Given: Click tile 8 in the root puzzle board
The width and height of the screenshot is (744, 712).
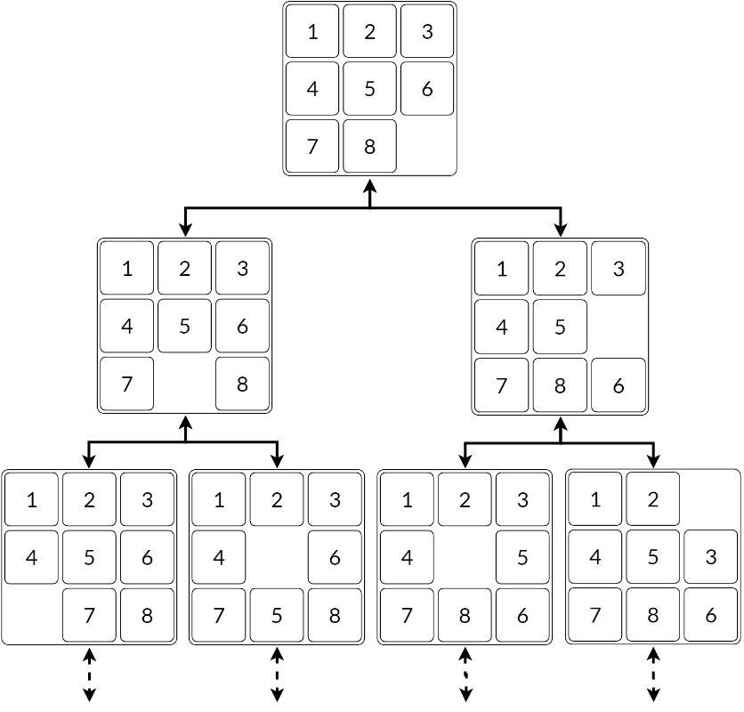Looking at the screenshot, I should click(x=369, y=145).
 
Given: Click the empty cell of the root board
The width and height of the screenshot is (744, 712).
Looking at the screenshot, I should click(x=426, y=145).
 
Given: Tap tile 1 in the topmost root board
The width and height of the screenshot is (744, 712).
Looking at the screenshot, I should click(x=312, y=33).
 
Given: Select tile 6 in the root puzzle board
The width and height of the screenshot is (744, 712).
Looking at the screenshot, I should click(x=426, y=89).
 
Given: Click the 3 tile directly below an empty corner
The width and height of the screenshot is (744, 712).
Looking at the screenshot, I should click(x=711, y=558).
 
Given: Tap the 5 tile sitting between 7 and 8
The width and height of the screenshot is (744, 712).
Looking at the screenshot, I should click(x=277, y=614).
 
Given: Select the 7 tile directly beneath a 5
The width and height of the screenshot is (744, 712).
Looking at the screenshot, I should click(x=88, y=614).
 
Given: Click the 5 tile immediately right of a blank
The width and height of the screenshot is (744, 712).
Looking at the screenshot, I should click(x=522, y=558).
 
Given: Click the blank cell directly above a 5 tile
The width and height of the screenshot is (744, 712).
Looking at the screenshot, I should click(x=277, y=558).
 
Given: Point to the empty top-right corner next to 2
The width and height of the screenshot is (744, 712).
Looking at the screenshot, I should click(x=711, y=500).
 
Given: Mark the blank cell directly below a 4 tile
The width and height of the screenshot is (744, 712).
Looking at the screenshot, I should click(x=32, y=614).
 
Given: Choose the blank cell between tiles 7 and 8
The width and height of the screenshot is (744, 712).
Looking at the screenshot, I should click(x=184, y=384).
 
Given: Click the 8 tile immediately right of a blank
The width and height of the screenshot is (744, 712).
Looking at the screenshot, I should click(x=241, y=384).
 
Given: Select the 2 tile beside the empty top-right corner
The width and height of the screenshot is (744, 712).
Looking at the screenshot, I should click(x=652, y=500).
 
